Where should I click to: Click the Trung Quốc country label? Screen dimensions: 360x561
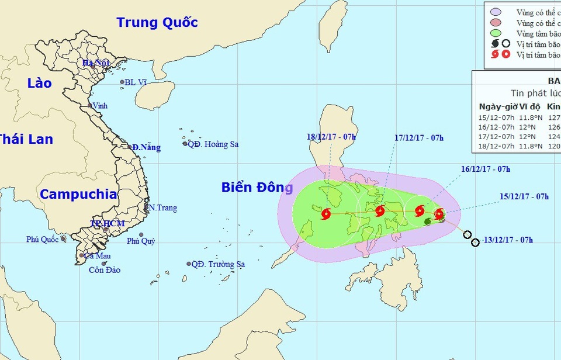tap(157, 23)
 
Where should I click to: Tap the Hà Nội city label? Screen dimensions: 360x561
tap(95, 63)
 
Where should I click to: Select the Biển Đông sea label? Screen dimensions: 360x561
tap(257, 188)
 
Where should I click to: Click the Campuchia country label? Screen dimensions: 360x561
tap(78, 195)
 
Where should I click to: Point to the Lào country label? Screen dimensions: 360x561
tap(39, 84)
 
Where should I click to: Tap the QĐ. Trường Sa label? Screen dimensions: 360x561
tap(218, 264)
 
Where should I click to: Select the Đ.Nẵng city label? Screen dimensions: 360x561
tap(146, 148)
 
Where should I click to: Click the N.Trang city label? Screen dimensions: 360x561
tap(163, 207)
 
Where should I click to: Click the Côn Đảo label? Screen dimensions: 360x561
tap(104, 270)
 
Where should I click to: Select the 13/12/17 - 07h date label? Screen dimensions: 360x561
tap(509, 240)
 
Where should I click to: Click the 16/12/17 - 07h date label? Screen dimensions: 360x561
tap(486, 169)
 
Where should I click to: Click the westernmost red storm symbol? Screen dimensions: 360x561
tap(325, 214)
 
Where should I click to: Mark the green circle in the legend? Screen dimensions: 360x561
tap(495, 33)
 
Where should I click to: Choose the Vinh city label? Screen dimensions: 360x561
tap(100, 106)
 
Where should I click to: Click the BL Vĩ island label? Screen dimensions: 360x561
tap(136, 82)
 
